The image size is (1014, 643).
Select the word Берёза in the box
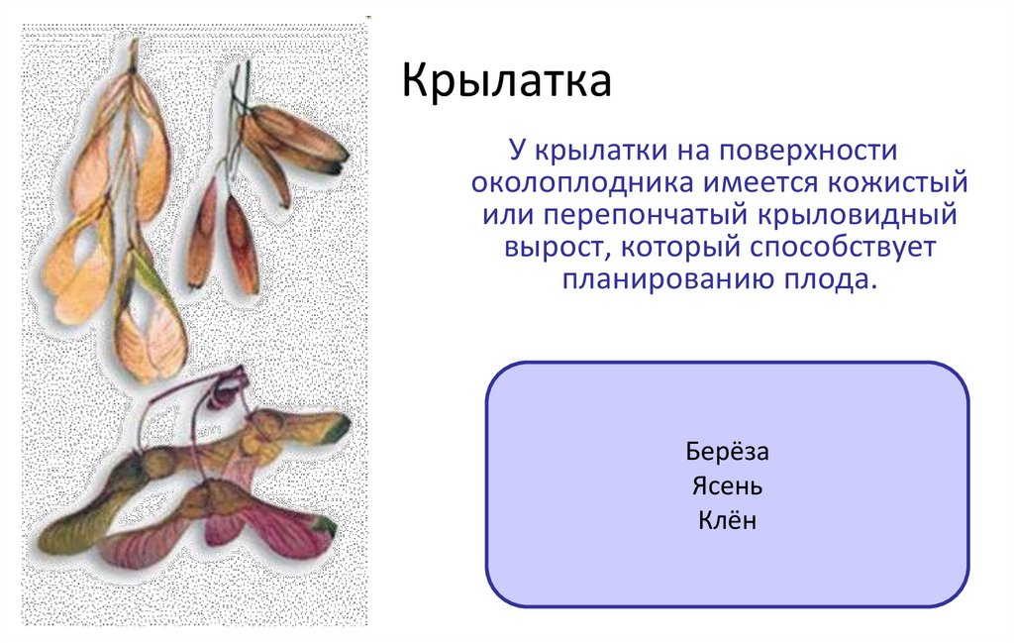point(727,453)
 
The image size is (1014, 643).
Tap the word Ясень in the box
point(727,486)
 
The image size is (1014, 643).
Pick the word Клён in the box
point(727,519)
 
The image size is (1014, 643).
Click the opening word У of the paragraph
point(517,152)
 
